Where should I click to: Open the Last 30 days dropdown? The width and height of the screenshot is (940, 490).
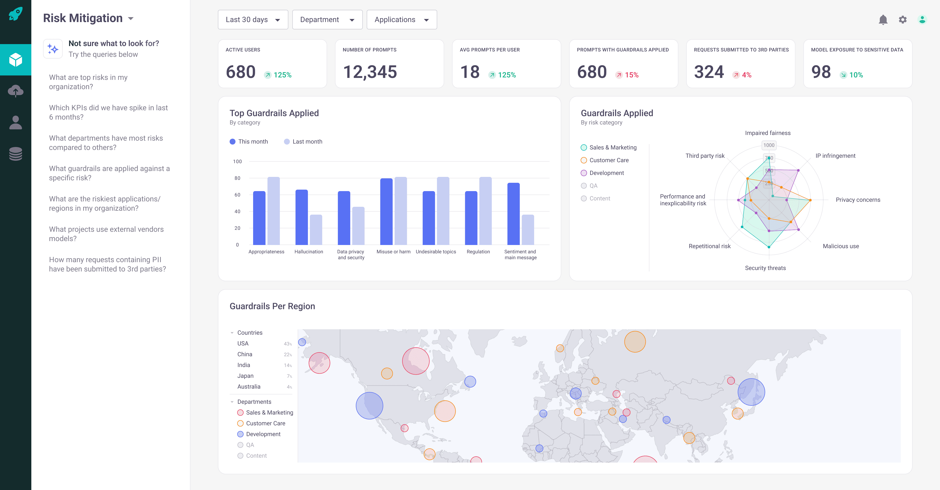253,20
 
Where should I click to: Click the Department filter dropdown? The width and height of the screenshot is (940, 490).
327,20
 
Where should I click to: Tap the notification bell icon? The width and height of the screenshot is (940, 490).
883,20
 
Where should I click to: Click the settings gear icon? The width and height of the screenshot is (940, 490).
902,20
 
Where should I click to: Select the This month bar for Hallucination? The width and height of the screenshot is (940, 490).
301,217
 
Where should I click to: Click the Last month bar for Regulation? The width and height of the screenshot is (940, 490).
485,211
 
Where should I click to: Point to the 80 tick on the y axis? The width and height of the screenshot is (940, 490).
237,178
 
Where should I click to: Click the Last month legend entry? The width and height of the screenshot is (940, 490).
303,142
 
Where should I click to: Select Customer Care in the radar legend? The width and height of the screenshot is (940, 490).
609,160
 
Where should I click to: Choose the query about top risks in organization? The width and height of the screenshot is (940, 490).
88,82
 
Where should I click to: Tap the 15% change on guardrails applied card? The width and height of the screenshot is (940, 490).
631,75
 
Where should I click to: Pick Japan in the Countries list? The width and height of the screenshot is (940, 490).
245,376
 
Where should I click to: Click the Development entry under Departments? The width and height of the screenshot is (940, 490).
263,434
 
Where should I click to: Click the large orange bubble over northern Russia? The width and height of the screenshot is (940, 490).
634,342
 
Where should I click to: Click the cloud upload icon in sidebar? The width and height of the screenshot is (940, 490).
16,91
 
